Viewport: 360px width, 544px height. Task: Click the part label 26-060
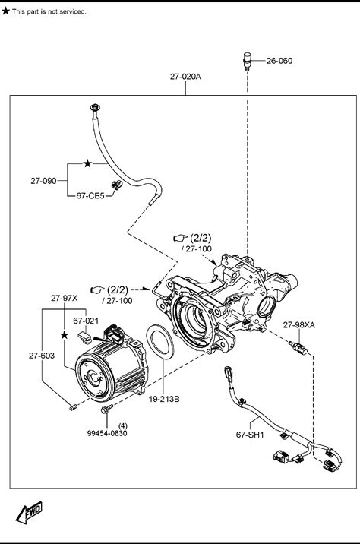pos(279,61)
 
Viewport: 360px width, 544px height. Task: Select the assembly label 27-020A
pos(185,76)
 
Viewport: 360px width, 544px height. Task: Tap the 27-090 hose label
pos(43,181)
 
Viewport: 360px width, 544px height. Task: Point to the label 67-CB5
pos(90,196)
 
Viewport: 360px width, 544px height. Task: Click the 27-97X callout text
pos(64,298)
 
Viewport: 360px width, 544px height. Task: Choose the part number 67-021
pos(86,321)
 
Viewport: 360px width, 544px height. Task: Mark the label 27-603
pos(42,356)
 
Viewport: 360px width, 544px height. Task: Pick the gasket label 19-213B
pos(164,400)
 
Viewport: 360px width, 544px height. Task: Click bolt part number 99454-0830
pos(107,433)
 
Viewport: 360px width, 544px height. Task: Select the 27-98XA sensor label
pos(299,325)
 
